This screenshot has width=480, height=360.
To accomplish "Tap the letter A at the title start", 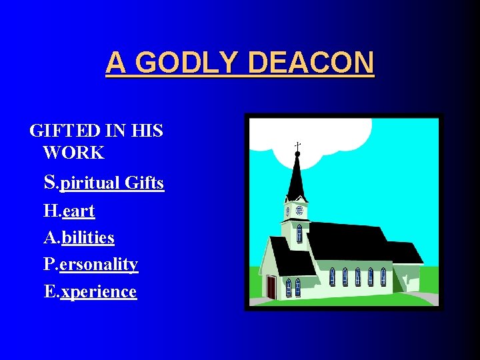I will click(x=115, y=63).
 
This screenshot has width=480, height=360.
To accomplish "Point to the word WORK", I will click(x=73, y=153).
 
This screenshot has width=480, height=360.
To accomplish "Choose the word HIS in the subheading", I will click(x=146, y=130).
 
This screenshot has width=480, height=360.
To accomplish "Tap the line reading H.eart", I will click(x=69, y=211).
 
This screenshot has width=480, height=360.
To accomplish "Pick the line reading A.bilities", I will click(x=79, y=237).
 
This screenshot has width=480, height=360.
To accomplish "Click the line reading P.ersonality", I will click(x=91, y=264).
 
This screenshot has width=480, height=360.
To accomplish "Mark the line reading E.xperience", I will click(x=90, y=291).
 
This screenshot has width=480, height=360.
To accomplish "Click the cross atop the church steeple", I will click(x=297, y=145).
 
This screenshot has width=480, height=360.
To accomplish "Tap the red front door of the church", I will click(x=271, y=286).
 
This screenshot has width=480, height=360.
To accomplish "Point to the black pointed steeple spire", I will click(x=297, y=177).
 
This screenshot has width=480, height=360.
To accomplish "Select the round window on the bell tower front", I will click(x=299, y=211).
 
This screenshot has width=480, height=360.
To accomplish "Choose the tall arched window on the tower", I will click(x=299, y=233).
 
